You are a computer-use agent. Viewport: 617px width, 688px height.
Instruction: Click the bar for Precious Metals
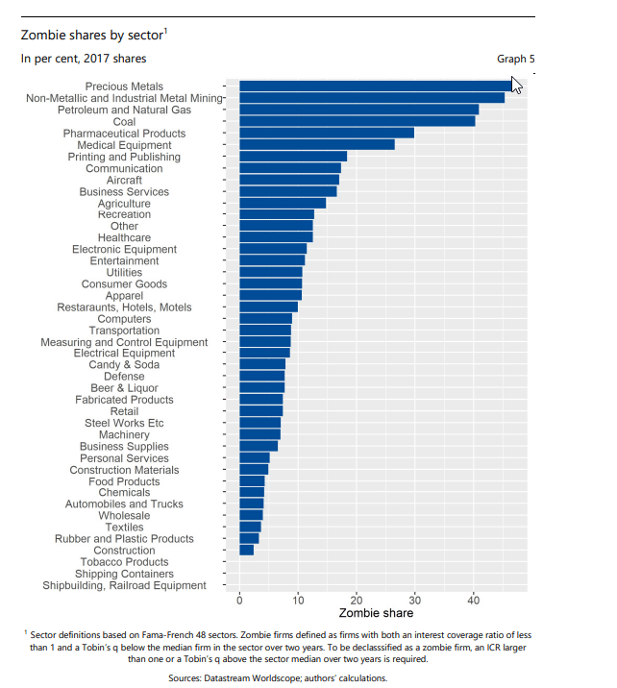tap(375, 86)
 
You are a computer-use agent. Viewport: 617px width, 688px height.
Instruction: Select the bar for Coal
tap(357, 121)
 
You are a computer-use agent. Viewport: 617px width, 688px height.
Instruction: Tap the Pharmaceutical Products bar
tap(327, 133)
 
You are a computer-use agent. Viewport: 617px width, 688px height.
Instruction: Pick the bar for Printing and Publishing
tap(293, 157)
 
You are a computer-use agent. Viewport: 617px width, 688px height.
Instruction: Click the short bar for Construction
tap(247, 551)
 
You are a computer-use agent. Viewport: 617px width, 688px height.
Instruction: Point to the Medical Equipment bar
tap(317, 145)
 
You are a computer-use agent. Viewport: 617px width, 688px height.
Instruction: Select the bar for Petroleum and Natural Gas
tap(358, 110)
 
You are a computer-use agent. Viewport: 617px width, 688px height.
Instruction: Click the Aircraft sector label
tap(124, 180)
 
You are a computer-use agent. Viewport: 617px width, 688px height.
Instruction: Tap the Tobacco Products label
tap(124, 562)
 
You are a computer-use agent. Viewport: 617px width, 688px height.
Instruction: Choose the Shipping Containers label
tap(124, 574)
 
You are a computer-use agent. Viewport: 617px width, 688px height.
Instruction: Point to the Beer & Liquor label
tap(124, 388)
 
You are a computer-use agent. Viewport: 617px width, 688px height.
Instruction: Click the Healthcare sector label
tap(124, 237)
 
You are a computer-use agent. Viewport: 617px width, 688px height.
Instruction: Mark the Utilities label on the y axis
tap(124, 273)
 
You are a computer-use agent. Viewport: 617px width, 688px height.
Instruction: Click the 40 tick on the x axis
tap(473, 601)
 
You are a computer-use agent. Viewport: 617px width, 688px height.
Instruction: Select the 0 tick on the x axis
tap(239, 601)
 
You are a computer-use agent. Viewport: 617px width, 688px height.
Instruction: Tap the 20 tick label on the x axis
tap(357, 601)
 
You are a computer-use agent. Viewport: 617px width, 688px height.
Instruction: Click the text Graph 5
tap(515, 59)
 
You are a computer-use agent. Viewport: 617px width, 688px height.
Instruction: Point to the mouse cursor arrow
tap(517, 85)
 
